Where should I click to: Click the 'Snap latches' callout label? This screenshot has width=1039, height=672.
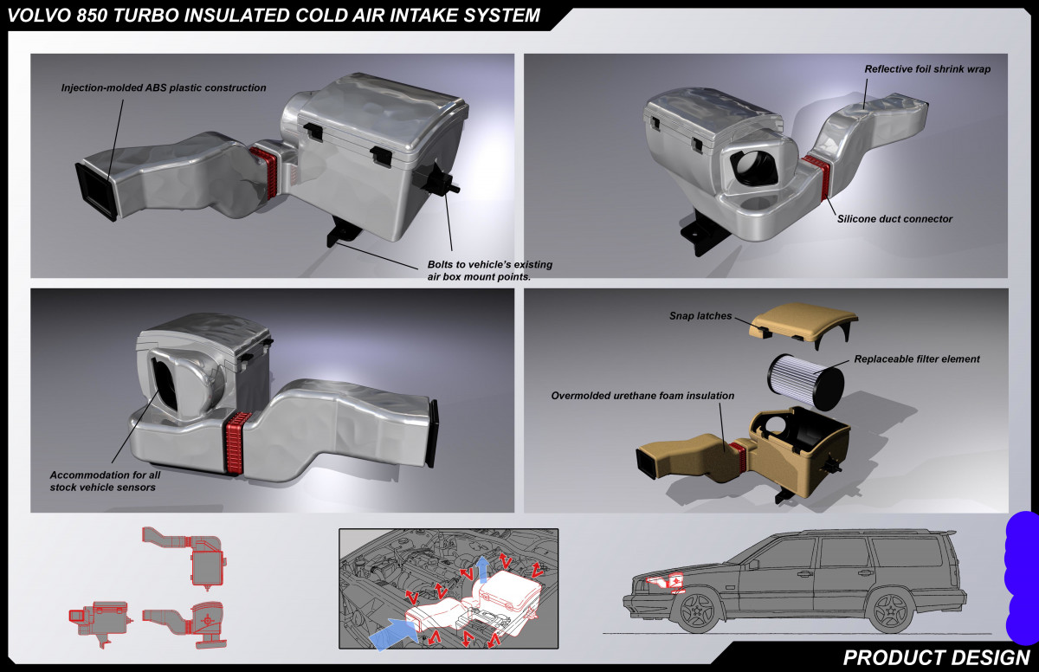pyautogui.click(x=700, y=316)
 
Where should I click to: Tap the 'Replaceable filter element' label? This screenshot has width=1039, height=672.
pyautogui.click(x=917, y=359)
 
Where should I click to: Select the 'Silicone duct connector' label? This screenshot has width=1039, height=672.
pyautogui.click(x=894, y=219)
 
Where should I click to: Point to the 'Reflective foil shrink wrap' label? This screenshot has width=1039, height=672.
pyautogui.click(x=927, y=68)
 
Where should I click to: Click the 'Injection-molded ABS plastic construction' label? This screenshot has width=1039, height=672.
pyautogui.click(x=164, y=87)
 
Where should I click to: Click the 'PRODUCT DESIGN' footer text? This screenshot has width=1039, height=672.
pyautogui.click(x=936, y=656)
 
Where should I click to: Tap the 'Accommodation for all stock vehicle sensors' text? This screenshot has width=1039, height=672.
pyautogui.click(x=103, y=481)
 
